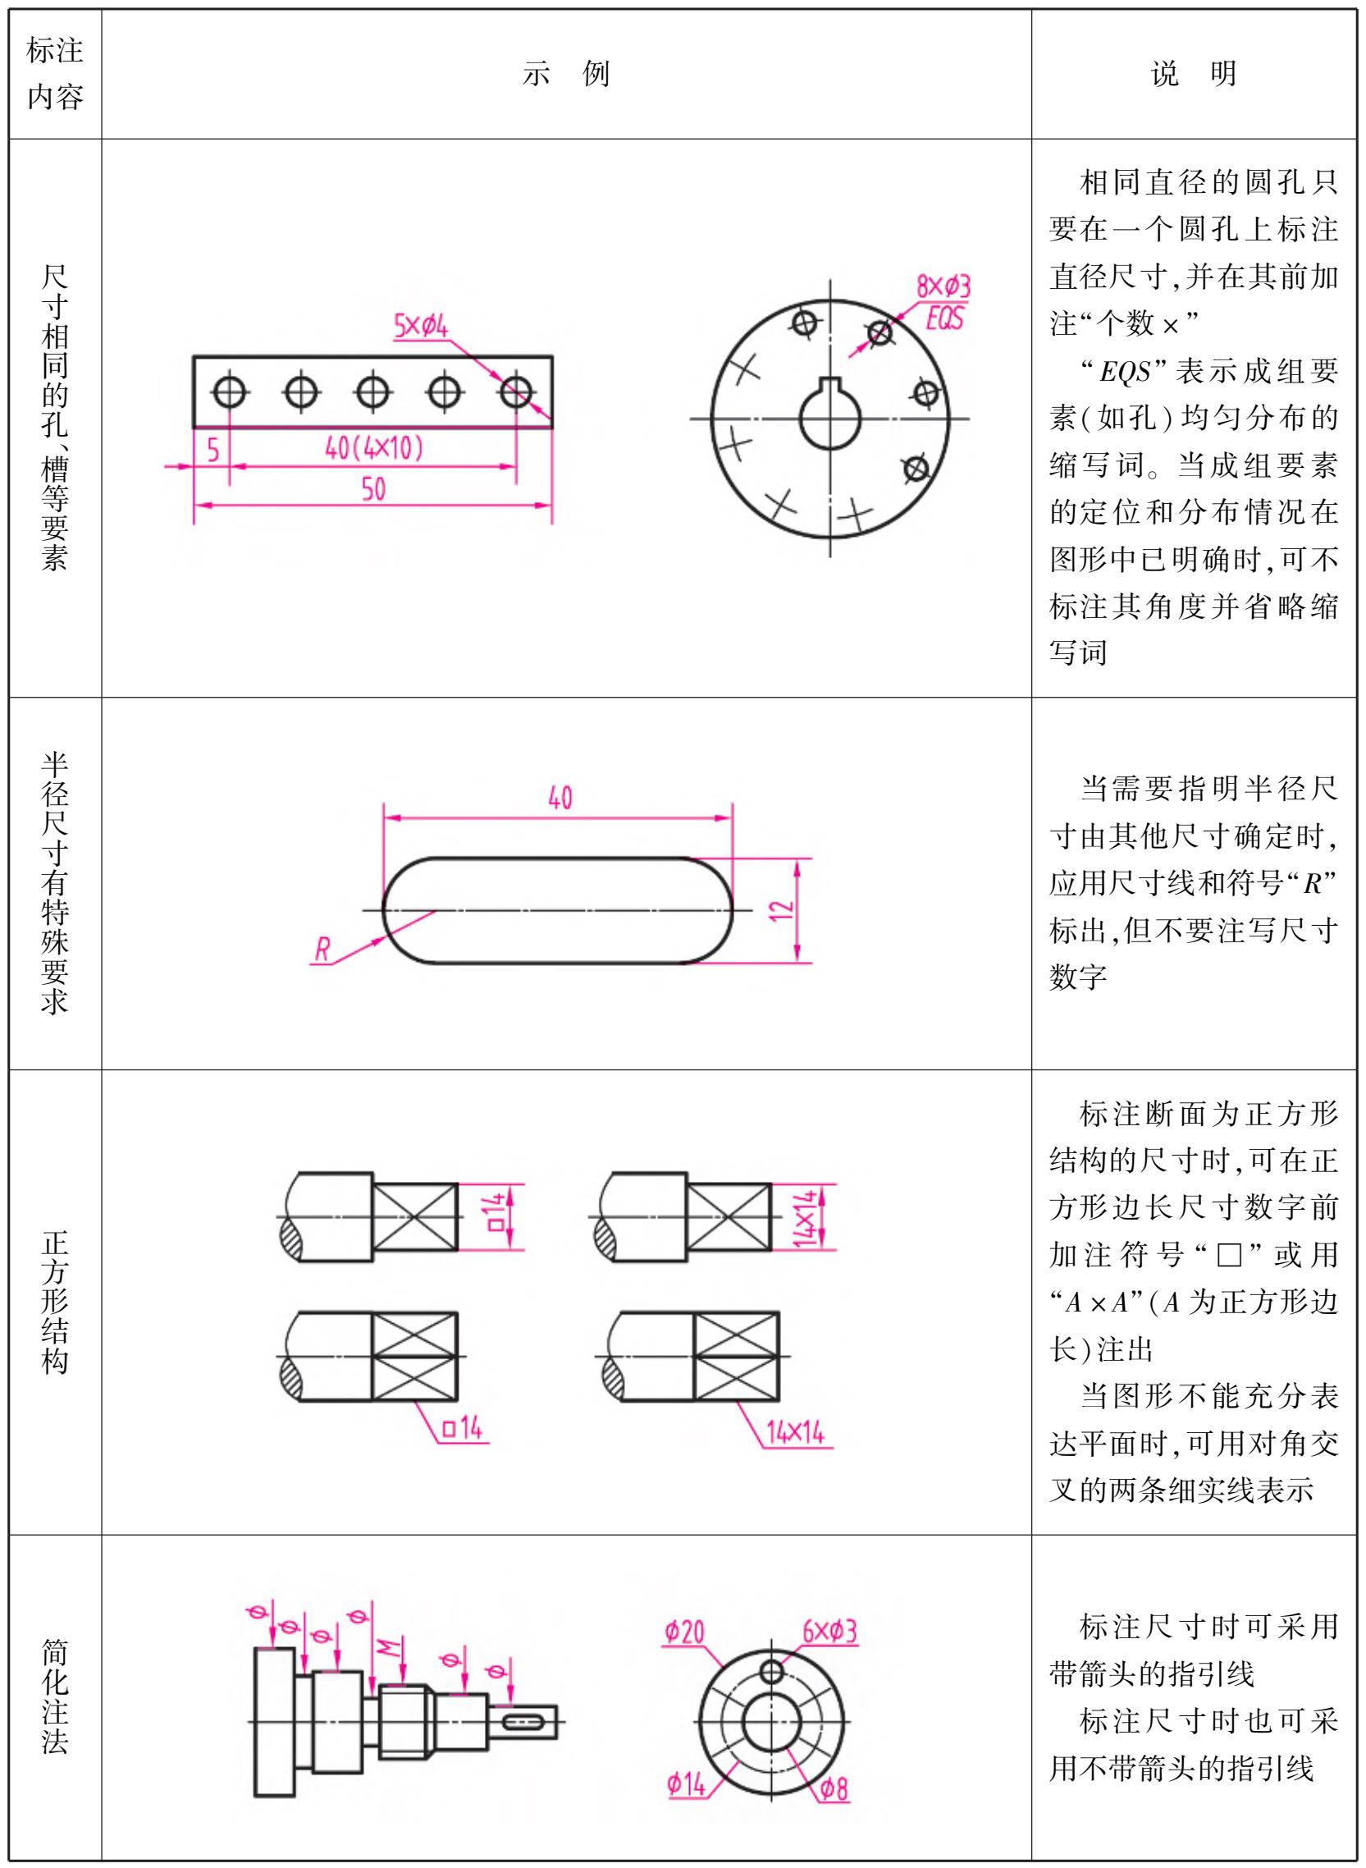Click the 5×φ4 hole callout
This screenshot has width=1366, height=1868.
[420, 326]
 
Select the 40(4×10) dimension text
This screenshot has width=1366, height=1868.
[374, 447]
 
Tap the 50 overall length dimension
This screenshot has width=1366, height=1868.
[374, 489]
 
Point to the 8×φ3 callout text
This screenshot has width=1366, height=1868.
[943, 287]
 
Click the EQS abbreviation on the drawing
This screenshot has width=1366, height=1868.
[945, 318]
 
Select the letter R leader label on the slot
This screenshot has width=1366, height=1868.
[322, 950]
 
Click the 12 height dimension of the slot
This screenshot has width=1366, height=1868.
[781, 910]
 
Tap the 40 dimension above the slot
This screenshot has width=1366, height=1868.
[560, 798]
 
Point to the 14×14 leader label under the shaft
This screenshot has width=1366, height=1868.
[796, 1431]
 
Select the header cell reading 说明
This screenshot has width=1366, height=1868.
[1193, 74]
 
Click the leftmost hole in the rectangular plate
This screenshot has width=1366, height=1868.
[229, 391]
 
